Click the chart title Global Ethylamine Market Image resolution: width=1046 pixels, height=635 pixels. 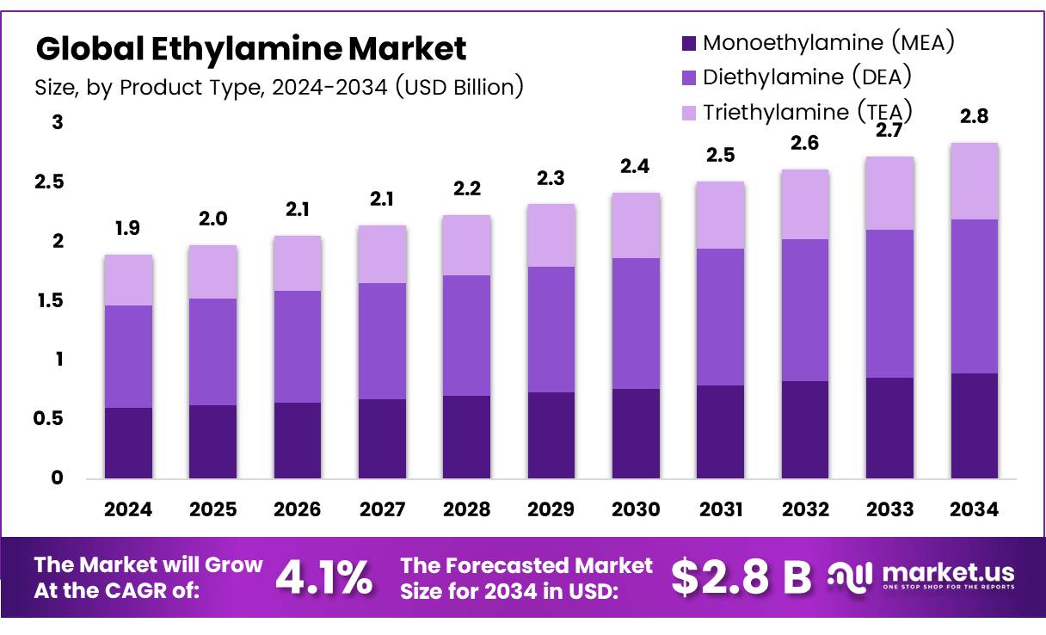(x=250, y=49)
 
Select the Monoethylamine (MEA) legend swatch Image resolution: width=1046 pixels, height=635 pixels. (x=687, y=43)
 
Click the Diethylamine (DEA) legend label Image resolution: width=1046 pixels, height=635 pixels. (x=806, y=77)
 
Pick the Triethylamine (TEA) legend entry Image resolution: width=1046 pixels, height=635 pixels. (x=806, y=112)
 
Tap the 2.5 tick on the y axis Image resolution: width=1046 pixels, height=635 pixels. (x=52, y=182)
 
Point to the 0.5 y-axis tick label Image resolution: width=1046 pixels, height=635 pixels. (x=52, y=419)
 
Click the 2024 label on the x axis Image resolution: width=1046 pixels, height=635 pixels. (x=128, y=509)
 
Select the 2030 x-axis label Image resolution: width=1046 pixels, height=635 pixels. (x=636, y=509)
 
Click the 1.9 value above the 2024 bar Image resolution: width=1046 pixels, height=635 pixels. (x=128, y=230)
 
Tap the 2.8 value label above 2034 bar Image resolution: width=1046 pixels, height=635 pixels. (x=974, y=117)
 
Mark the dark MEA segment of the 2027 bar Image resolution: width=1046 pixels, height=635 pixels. (x=382, y=439)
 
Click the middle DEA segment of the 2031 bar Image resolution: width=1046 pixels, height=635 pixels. (x=721, y=317)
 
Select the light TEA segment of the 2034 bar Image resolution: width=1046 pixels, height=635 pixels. (x=974, y=181)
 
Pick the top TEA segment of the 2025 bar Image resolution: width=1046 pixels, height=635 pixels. (x=212, y=272)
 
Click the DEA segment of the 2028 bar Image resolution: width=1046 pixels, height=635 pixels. (x=466, y=336)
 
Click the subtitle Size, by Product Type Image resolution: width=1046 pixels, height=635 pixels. (x=279, y=87)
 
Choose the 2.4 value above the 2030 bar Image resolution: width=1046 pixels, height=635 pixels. (x=636, y=167)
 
